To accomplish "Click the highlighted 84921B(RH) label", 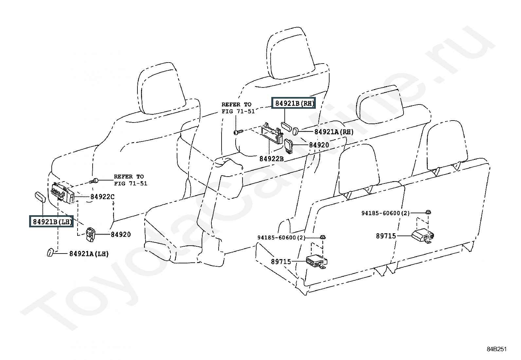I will click(294, 104).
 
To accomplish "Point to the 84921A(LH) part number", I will click(89, 254).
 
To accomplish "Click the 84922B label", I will click(271, 159).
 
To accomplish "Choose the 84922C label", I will click(102, 197).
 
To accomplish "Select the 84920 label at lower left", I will click(120, 234).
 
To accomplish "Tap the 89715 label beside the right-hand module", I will click(386, 236).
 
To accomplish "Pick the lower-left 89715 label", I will click(281, 261).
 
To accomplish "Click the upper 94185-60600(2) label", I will click(385, 213).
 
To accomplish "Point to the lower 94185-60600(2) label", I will click(281, 237).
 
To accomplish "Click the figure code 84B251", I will click(496, 349).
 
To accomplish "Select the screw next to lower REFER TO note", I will click(94, 180).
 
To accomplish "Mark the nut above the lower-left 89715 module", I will click(323, 237).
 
